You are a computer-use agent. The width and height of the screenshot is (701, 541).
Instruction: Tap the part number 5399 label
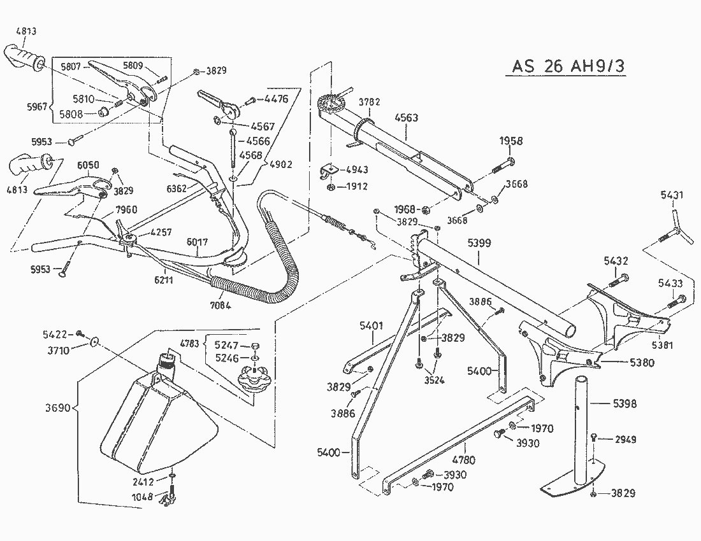tap(479, 243)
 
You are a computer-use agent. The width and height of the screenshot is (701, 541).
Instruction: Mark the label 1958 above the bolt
tap(511, 141)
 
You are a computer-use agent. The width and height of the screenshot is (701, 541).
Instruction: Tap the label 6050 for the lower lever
tap(89, 165)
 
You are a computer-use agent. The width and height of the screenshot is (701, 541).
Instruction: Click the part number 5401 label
tap(372, 325)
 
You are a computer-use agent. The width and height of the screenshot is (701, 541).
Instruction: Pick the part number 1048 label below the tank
tap(143, 496)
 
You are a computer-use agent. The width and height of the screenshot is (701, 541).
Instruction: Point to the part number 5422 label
tap(55, 334)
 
